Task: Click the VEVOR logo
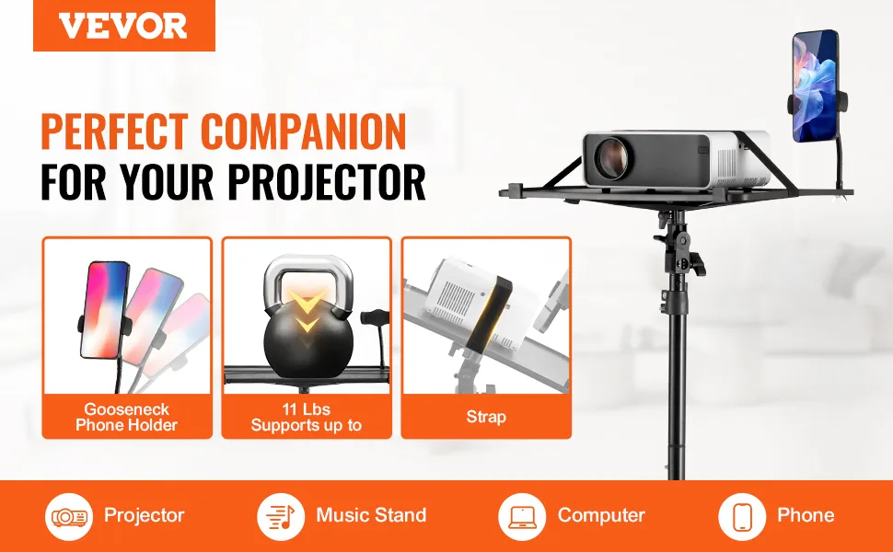[x=123, y=26]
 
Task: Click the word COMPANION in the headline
[x=303, y=131]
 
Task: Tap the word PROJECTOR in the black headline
[x=326, y=182]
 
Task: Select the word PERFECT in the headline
[x=114, y=131]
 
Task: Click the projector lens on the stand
[x=610, y=157]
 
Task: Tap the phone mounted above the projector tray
[x=816, y=86]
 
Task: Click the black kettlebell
[x=308, y=339]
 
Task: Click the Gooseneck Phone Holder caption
[x=126, y=417]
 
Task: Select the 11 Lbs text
[x=306, y=409]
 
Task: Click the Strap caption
[x=486, y=417]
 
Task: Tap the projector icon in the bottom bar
[x=69, y=517]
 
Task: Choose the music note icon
[x=280, y=517]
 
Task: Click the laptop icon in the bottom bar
[x=522, y=517]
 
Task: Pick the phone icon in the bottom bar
[x=741, y=517]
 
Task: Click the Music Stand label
[x=371, y=515]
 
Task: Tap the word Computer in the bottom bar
[x=601, y=515]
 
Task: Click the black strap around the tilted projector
[x=489, y=314]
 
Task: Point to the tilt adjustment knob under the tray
[x=697, y=264]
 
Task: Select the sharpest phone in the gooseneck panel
[x=105, y=310]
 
